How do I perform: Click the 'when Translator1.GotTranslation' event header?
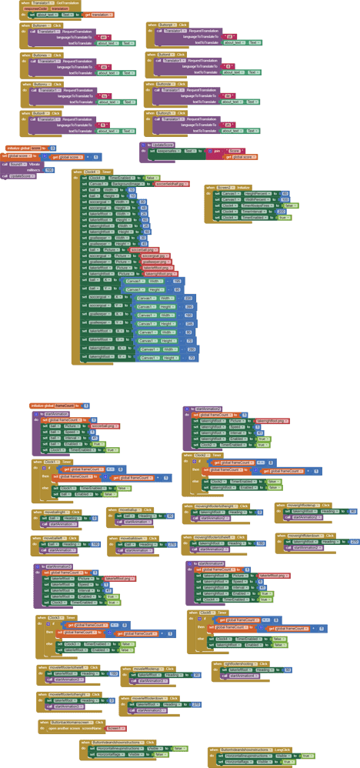46,4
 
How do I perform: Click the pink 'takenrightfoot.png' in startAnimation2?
272,421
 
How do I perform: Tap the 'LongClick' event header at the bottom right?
255,748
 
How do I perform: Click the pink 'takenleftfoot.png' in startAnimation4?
274,576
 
